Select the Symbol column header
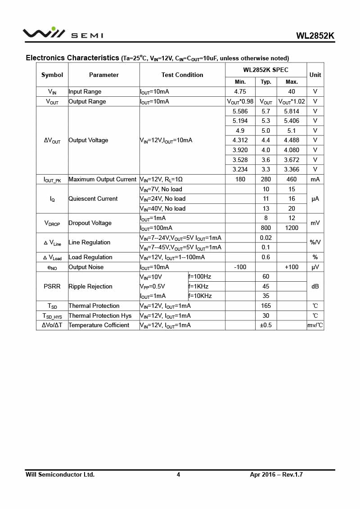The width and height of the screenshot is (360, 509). [x=52, y=75]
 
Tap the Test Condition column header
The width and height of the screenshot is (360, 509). [x=182, y=75]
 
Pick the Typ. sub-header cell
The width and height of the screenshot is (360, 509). [x=266, y=82]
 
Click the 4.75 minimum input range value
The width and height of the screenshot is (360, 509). [x=240, y=91]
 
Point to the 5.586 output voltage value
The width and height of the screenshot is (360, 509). [x=240, y=111]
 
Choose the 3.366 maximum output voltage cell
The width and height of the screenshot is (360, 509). [x=292, y=169]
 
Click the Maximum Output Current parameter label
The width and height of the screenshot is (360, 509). [x=102, y=179]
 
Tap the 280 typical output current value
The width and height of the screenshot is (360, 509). [x=266, y=179]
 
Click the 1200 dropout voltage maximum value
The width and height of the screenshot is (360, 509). [x=292, y=228]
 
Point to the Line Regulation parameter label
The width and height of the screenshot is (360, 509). [x=89, y=242]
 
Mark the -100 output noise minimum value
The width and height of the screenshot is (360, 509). [x=240, y=267]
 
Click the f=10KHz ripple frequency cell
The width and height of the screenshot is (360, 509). [x=200, y=296]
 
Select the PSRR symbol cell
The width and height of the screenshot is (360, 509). [x=52, y=286]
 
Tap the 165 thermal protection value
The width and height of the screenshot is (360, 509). [x=266, y=306]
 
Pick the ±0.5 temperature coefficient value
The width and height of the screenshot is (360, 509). [x=266, y=325]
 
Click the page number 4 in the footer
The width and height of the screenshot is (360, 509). [x=178, y=474]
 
